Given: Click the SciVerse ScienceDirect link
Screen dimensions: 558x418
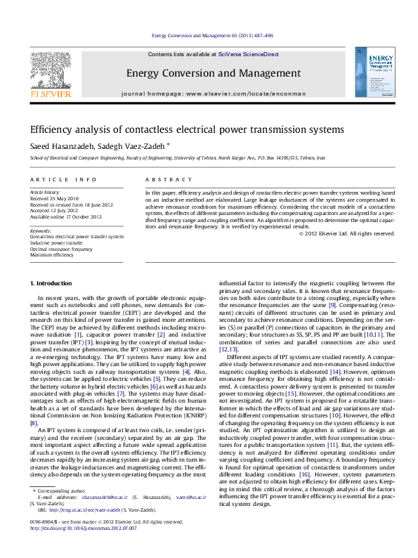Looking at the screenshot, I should (x=248, y=54).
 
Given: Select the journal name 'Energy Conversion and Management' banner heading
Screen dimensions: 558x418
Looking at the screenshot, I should (x=213, y=73).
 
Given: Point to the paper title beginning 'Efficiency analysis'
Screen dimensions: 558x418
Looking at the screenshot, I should (x=186, y=130).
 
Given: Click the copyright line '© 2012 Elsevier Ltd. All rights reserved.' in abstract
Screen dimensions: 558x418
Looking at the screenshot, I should (x=347, y=233).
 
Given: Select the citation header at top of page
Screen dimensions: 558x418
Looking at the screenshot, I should (x=212, y=35).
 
